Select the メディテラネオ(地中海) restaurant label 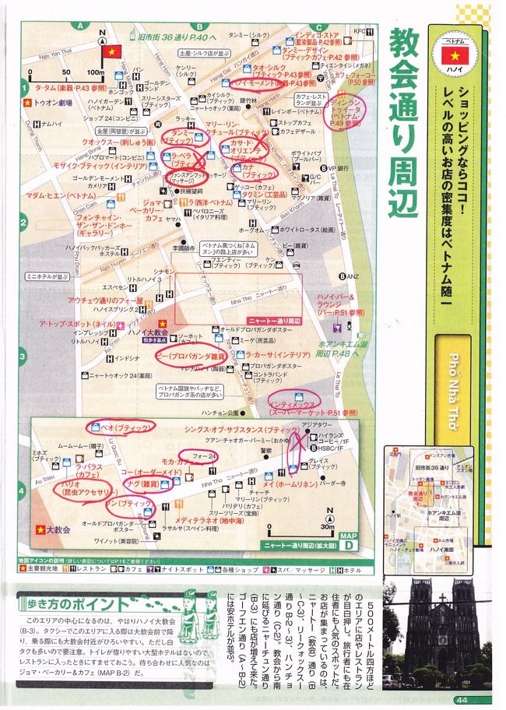pyautogui.click(x=200, y=520)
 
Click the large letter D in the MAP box pyautogui.click(x=373, y=542)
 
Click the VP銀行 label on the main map pyautogui.click(x=336, y=167)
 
